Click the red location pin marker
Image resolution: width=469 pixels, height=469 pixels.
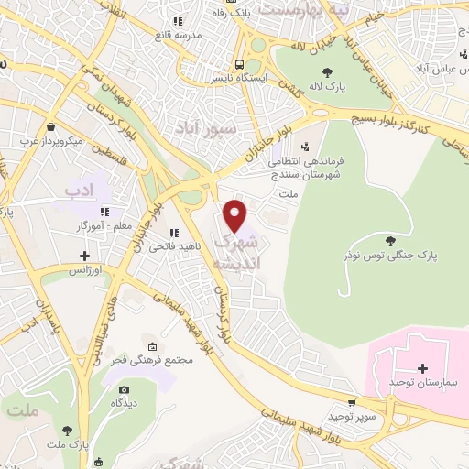(236, 215)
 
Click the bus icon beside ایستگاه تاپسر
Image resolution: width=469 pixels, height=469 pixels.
(238, 64)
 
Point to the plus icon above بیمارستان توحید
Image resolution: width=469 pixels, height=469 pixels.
(422, 368)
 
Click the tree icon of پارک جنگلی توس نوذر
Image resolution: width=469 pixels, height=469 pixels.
(391, 241)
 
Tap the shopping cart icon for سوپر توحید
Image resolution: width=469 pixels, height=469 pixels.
(352, 404)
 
